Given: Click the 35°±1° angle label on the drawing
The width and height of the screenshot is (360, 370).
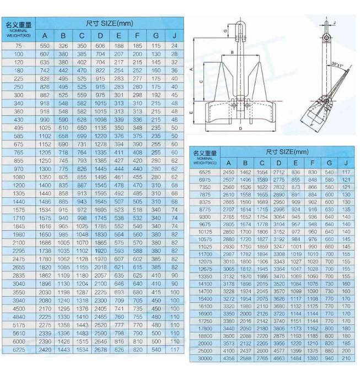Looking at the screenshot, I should click(x=337, y=66).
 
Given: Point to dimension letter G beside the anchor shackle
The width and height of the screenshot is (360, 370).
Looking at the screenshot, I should click(x=226, y=31).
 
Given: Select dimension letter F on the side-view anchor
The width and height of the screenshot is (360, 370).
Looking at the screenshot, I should click(x=312, y=125).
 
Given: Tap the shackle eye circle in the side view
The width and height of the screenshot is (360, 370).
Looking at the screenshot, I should click(x=326, y=37).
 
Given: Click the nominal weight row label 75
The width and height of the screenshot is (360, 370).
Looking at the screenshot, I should click(x=19, y=46).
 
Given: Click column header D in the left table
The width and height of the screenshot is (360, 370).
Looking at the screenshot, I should click(x=100, y=36).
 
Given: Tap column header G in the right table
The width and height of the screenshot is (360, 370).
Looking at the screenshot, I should click(x=330, y=162).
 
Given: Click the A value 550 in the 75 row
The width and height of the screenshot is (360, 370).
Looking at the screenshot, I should click(x=45, y=46).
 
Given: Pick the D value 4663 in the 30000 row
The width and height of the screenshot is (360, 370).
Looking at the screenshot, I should click(x=279, y=359).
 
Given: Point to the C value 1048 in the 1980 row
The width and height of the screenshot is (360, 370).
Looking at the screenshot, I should click(x=82, y=234).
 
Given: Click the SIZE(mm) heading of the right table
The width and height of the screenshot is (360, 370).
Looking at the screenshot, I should click(x=287, y=151).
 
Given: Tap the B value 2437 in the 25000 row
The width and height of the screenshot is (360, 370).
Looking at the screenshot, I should click(x=245, y=351).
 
